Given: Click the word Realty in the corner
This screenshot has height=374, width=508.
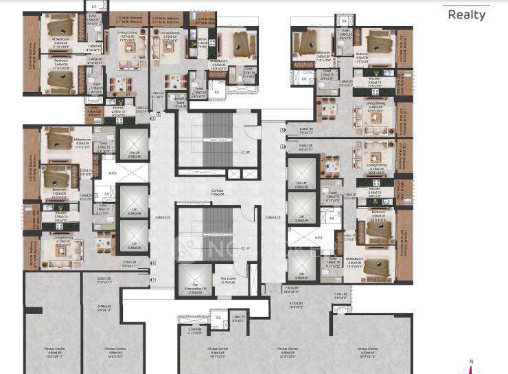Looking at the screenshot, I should pyautogui.click(x=468, y=14).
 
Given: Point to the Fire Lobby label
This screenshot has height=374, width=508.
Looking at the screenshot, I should pyautogui.click(x=229, y=280).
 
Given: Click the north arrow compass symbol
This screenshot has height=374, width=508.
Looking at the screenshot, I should pyautogui.click(x=471, y=367).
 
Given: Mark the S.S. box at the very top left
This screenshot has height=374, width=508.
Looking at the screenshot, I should pyautogui.click(x=93, y=5).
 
